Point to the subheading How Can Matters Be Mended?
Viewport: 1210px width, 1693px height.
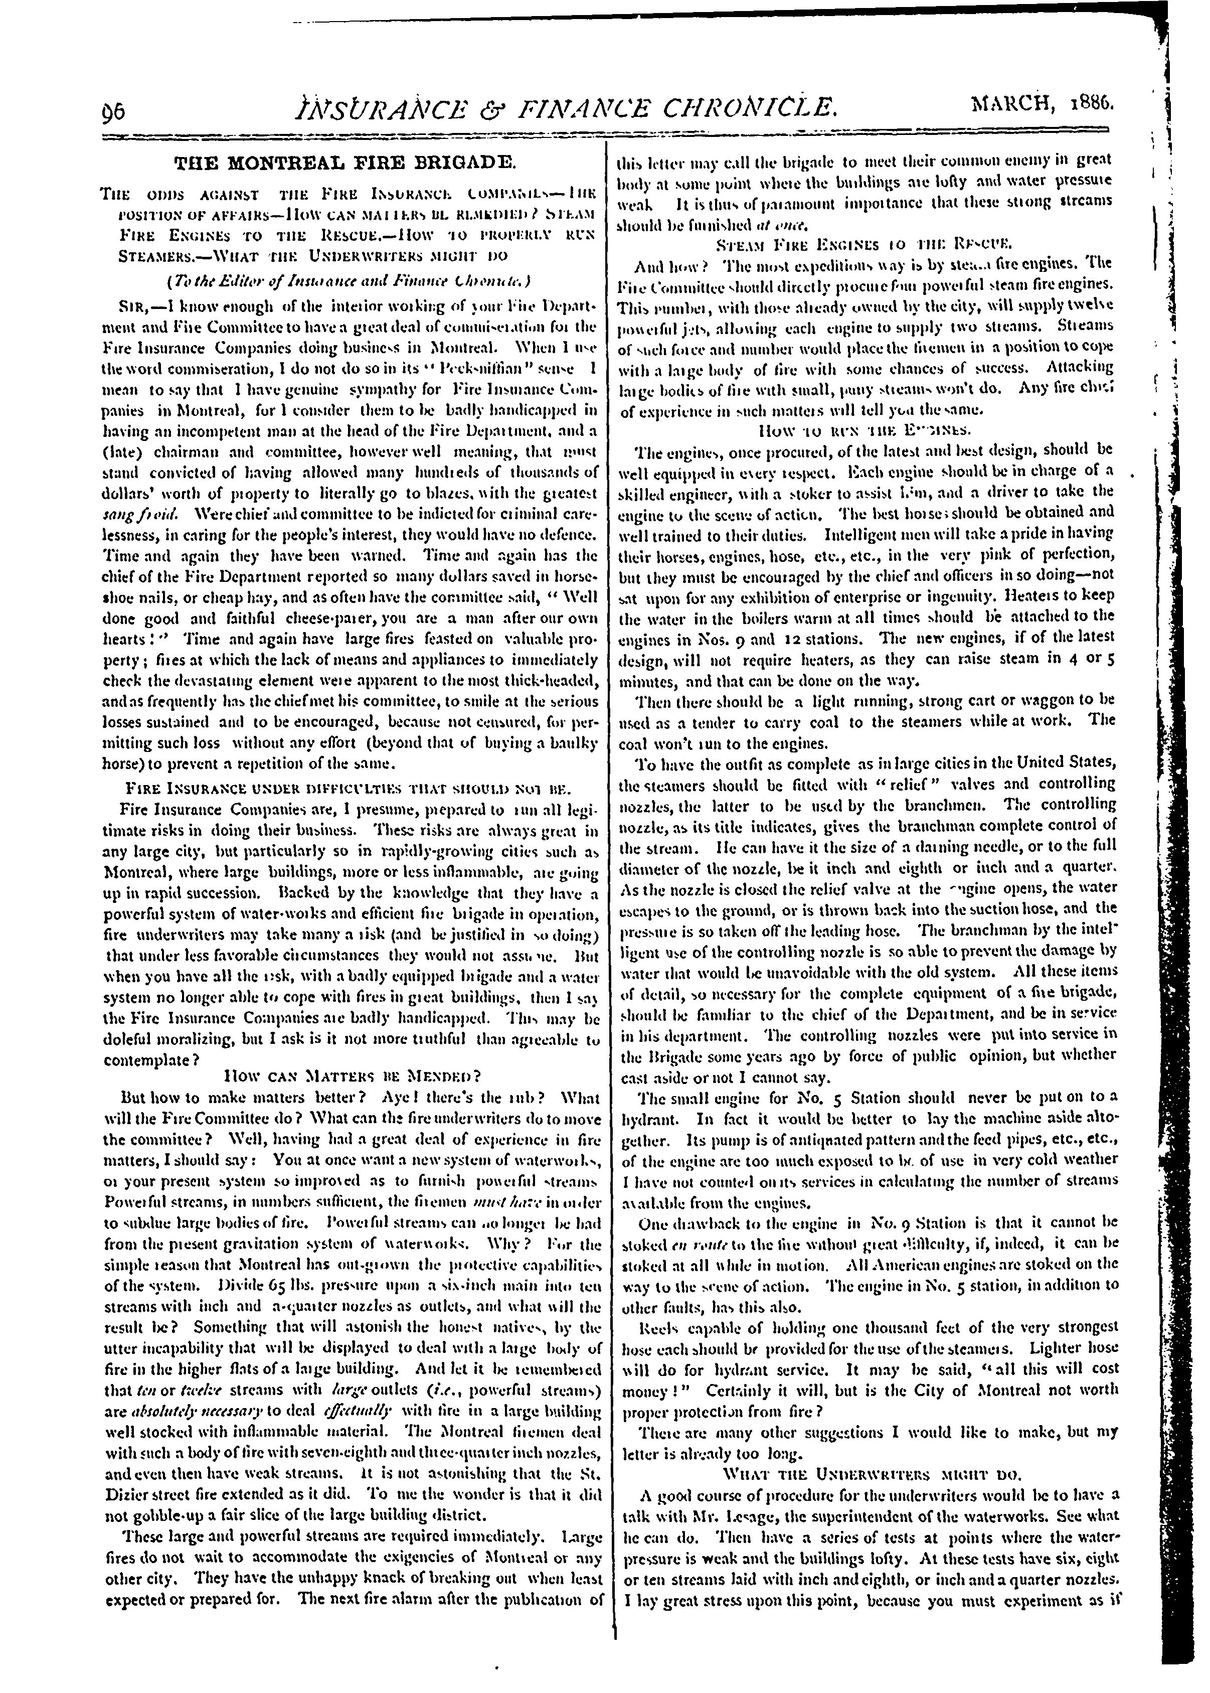353,1076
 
